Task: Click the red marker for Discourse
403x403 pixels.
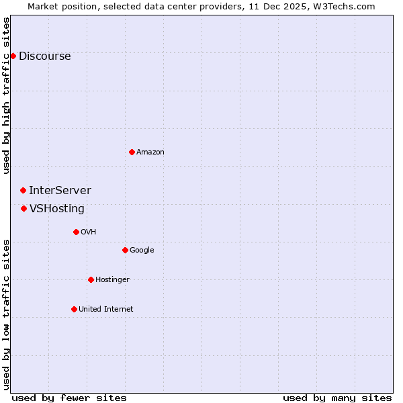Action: tap(13, 56)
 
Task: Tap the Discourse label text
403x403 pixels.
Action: tap(44, 56)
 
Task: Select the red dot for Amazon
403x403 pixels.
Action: tap(132, 152)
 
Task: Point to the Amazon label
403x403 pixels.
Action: tap(150, 152)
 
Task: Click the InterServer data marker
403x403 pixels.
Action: tap(23, 191)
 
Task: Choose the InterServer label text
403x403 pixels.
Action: tap(60, 191)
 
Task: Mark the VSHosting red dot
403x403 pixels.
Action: tap(24, 208)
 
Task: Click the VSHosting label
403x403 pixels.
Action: tap(57, 209)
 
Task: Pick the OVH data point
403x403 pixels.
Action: tap(76, 232)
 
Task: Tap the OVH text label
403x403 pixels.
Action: tap(88, 232)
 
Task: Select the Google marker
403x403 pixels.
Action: tap(125, 250)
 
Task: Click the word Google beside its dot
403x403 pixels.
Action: tap(142, 251)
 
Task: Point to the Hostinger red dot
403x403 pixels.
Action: tap(91, 279)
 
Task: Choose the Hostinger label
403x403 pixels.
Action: tap(112, 280)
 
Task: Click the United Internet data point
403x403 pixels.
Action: tap(74, 309)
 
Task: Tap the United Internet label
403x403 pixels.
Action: tap(105, 310)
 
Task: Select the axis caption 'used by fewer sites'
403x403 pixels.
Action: tap(69, 398)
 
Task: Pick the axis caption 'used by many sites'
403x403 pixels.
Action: tap(337, 398)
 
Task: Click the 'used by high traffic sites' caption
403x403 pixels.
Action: tap(7, 95)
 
